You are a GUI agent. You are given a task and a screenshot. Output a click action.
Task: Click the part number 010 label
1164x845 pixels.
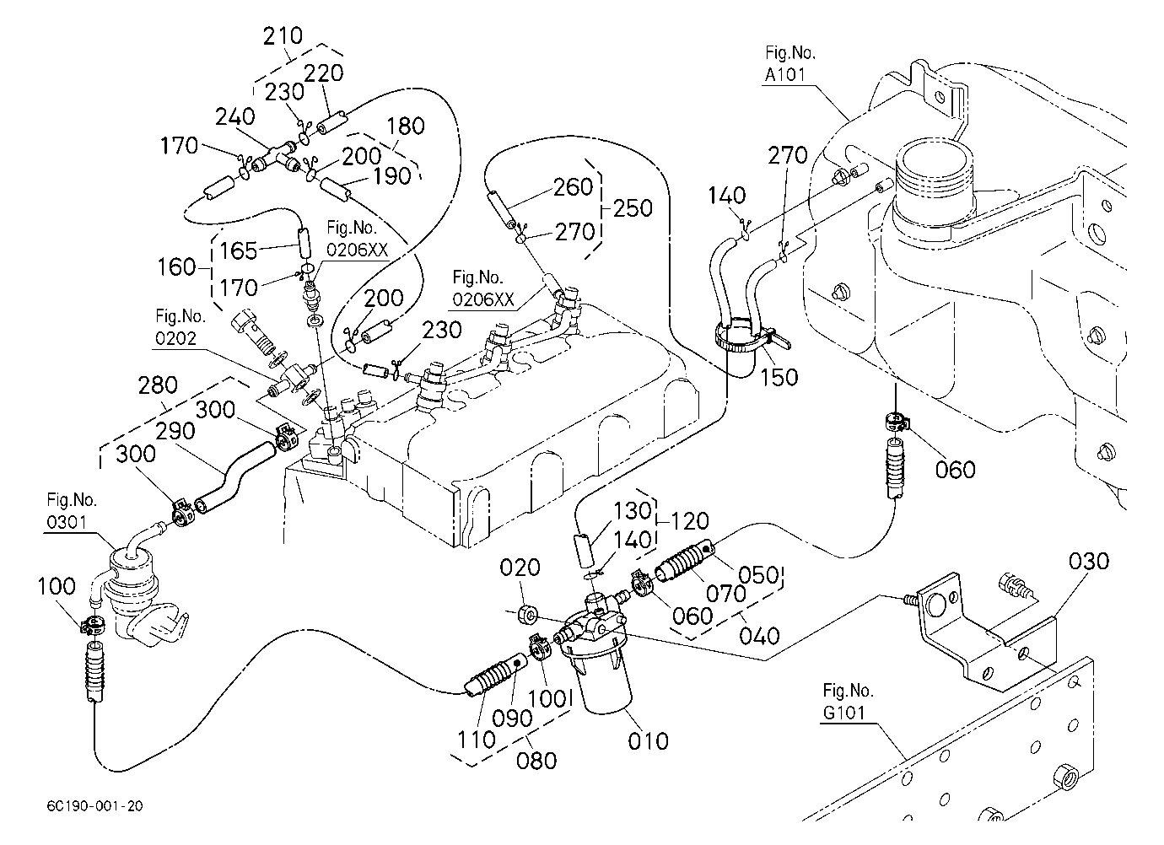point(648,741)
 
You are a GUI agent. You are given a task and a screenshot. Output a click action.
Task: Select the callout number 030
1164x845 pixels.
point(1089,562)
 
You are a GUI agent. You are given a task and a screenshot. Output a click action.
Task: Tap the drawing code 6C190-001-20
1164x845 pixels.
point(94,806)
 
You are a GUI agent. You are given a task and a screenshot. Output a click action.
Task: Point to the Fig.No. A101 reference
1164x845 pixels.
point(789,63)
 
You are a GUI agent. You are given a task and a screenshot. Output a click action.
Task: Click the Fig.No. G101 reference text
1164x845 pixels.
point(848,702)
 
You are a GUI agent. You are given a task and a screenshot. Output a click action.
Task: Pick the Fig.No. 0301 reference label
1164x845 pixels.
point(71,511)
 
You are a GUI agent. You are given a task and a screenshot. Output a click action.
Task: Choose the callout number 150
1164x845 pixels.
point(779,378)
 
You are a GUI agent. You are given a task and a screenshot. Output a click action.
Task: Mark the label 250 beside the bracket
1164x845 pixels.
point(633,208)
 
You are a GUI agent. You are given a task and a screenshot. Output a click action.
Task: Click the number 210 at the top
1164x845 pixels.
point(283,36)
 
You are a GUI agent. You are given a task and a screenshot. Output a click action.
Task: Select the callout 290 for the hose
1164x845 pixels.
point(175,431)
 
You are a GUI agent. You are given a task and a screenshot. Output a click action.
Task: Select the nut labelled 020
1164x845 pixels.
point(527,616)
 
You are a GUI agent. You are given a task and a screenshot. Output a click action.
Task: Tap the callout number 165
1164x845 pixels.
point(239,250)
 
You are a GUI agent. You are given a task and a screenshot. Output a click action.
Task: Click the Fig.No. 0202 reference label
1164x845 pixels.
point(181,327)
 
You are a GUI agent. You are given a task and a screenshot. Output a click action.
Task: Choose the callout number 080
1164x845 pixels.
point(536,761)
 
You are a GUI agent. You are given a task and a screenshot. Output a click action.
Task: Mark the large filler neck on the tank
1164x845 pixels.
point(935,182)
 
